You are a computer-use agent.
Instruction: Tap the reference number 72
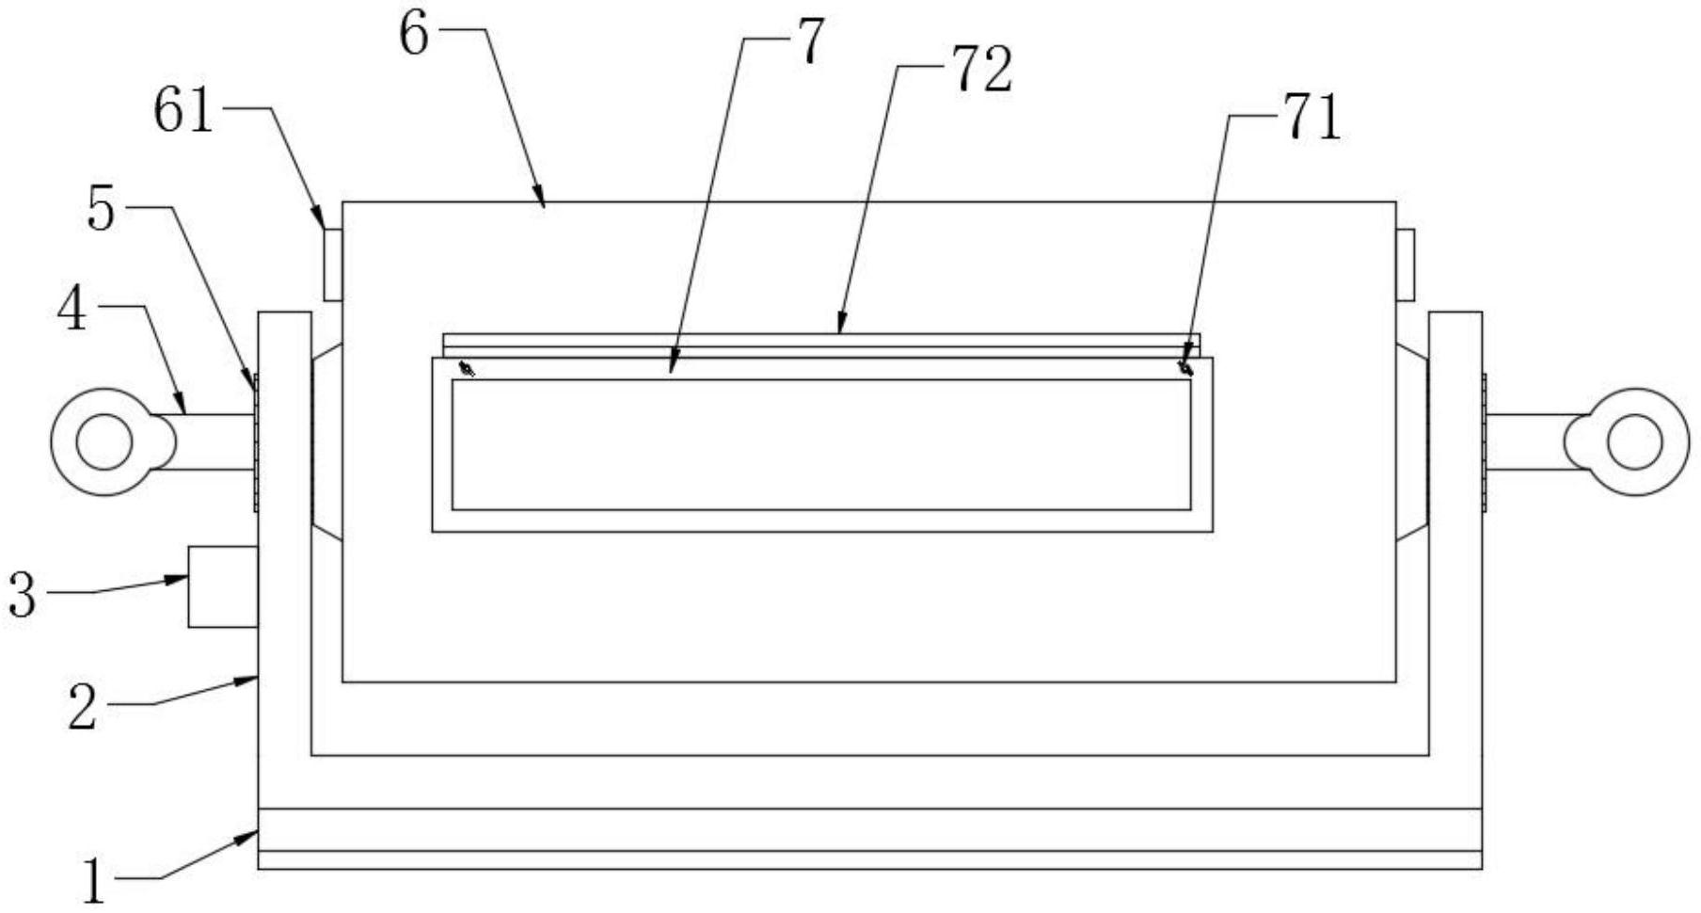tap(983, 72)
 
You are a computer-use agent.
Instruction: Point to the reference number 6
tap(414, 35)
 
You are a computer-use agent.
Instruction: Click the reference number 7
tap(810, 43)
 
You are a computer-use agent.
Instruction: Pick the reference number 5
tap(101, 209)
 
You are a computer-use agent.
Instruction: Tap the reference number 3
tap(23, 595)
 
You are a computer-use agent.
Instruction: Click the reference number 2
tap(83, 708)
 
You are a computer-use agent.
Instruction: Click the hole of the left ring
tap(103, 442)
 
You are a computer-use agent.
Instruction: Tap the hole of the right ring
tap(1635, 442)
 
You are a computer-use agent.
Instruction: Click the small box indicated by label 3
tap(223, 586)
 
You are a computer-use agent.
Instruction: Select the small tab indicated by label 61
tap(332, 264)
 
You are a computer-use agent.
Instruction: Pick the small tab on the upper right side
tap(1405, 264)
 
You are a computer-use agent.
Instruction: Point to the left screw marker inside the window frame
tap(466, 368)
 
